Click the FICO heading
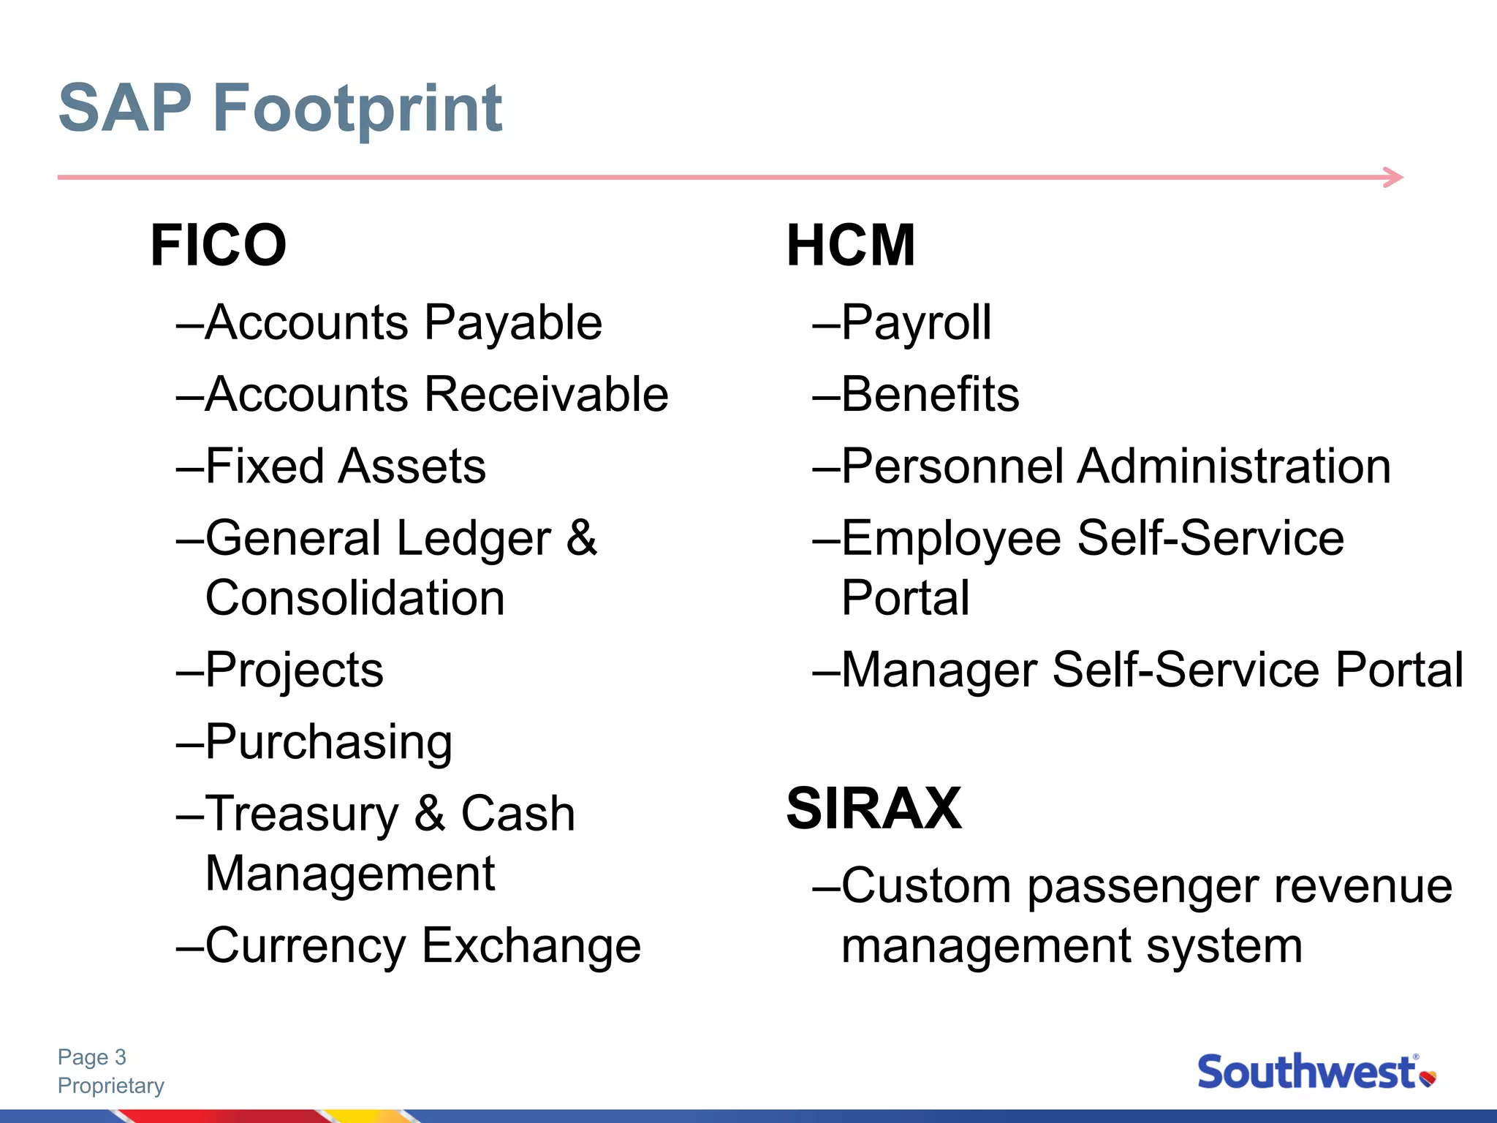pyautogui.click(x=218, y=246)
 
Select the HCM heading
pyautogui.click(x=850, y=246)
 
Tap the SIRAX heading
pyautogui.click(x=873, y=809)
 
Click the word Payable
pyautogui.click(x=513, y=322)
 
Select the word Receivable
pyautogui.click(x=546, y=394)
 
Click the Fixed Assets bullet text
pyautogui.click(x=345, y=466)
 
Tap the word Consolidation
pyautogui.click(x=355, y=598)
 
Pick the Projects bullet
pyautogui.click(x=294, y=670)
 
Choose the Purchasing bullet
pyautogui.click(x=328, y=742)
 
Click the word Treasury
pyautogui.click(x=302, y=814)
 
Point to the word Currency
pyautogui.click(x=306, y=945)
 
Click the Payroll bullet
pyautogui.click(x=916, y=322)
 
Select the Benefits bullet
pyautogui.click(x=930, y=394)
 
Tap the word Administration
pyautogui.click(x=1234, y=466)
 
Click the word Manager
pyautogui.click(x=939, y=670)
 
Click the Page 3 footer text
pyautogui.click(x=92, y=1057)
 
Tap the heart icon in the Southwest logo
pyautogui.click(x=1428, y=1078)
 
